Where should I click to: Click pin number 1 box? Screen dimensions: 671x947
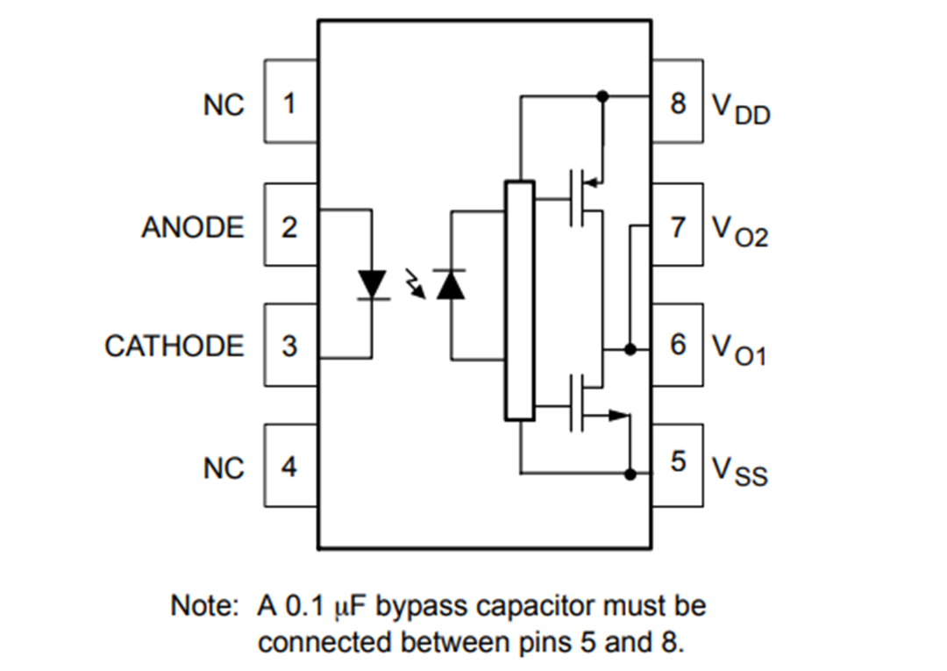pyautogui.click(x=290, y=103)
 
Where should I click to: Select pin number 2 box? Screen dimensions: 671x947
pyautogui.click(x=290, y=226)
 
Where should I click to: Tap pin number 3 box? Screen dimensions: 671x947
pyautogui.click(x=290, y=346)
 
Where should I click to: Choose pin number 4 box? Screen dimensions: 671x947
pyautogui.click(x=290, y=467)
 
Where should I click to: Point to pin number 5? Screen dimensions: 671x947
pyautogui.click(x=678, y=463)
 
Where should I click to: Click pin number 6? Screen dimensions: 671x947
pyautogui.click(x=678, y=344)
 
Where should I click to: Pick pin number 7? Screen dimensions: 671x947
pyautogui.click(x=678, y=226)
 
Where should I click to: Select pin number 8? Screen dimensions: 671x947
pyautogui.click(x=678, y=103)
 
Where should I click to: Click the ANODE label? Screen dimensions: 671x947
pyautogui.click(x=193, y=227)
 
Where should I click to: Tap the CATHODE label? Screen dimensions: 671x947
pyautogui.click(x=174, y=346)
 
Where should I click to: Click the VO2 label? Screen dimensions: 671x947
pyautogui.click(x=740, y=232)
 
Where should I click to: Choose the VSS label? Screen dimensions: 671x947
pyautogui.click(x=740, y=471)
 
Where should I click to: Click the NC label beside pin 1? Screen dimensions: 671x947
pyautogui.click(x=224, y=104)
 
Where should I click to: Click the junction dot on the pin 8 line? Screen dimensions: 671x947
pyautogui.click(x=602, y=96)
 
